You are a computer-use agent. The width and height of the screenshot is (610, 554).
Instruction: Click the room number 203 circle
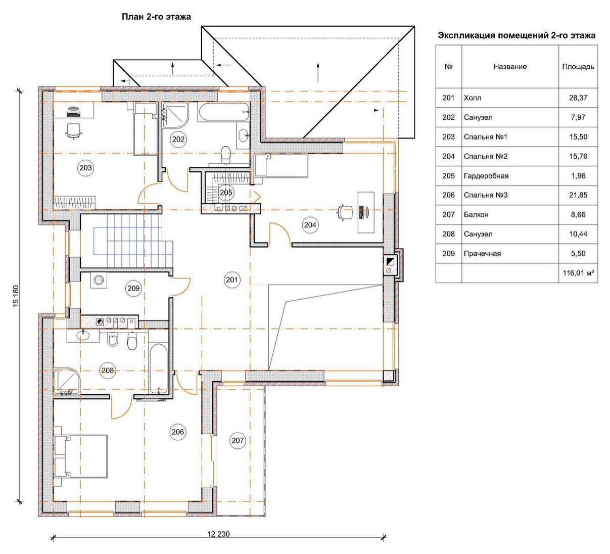[85, 168]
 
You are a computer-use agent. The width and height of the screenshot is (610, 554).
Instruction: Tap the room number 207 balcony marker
[238, 440]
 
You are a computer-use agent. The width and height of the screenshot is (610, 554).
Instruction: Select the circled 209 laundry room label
[133, 288]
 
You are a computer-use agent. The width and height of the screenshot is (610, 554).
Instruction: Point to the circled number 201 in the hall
[231, 280]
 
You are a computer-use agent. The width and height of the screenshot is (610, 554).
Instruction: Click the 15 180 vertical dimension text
[16, 296]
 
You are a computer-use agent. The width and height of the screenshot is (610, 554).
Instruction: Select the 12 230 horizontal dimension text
[218, 534]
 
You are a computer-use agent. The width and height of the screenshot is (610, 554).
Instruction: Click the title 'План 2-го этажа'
[156, 17]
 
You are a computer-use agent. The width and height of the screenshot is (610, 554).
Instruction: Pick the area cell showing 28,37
[578, 98]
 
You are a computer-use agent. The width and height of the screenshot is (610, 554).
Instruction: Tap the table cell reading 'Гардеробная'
[486, 176]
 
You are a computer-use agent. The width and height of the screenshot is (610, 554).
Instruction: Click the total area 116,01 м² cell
[578, 273]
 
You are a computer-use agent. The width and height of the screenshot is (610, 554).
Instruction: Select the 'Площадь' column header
[578, 67]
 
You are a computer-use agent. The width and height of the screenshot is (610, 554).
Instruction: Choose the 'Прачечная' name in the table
[482, 254]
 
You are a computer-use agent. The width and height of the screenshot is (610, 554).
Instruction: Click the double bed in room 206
[80, 456]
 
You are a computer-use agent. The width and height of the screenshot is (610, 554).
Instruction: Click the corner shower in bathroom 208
[67, 381]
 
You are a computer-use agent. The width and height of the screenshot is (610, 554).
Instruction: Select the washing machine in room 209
[99, 280]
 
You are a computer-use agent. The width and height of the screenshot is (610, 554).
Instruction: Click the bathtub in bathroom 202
[223, 112]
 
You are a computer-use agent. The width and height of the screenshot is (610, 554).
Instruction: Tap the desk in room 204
[366, 212]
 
